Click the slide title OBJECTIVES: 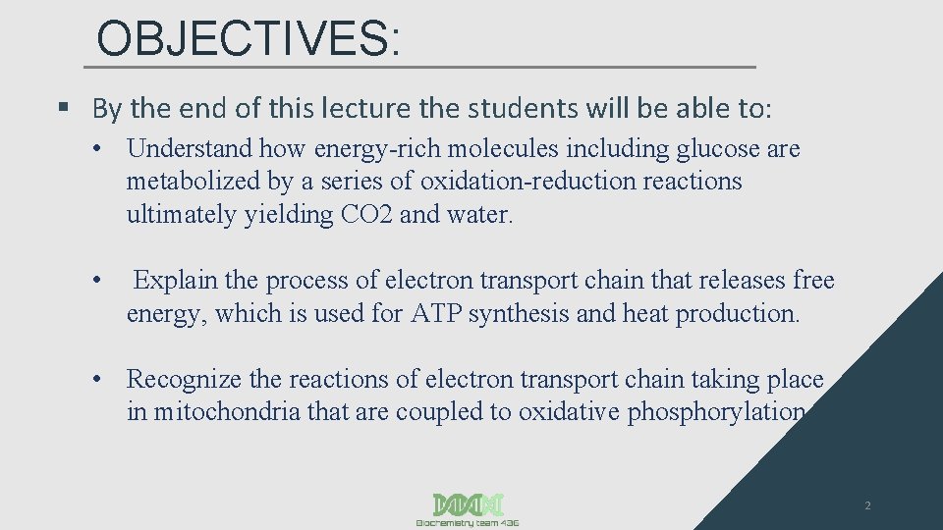pyautogui.click(x=249, y=39)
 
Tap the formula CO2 pyautogui.click(x=367, y=215)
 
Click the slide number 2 pyautogui.click(x=867, y=506)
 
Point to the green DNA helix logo pyautogui.click(x=468, y=503)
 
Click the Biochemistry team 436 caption pyautogui.click(x=468, y=523)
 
